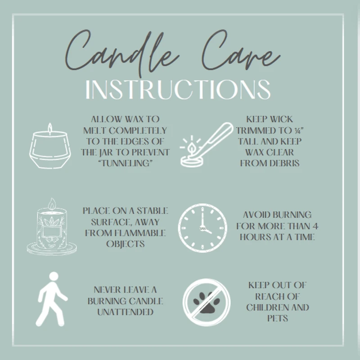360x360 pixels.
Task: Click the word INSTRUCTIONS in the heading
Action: (178, 90)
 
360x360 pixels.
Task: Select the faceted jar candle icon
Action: (50, 146)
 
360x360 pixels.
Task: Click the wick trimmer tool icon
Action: (206, 144)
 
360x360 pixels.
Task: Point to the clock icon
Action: (202, 228)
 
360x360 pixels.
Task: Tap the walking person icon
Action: (52, 299)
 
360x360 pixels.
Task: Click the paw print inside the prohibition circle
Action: (207, 302)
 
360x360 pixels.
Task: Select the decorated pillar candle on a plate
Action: (52, 226)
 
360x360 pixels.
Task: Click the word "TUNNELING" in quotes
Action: (126, 163)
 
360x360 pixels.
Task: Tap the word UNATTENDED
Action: (126, 312)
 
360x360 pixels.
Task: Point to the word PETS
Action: (278, 319)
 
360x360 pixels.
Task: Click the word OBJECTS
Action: (126, 244)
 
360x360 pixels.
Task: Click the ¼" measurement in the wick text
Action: (299, 130)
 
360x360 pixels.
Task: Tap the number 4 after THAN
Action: (315, 226)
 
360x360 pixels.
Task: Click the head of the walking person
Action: (54, 276)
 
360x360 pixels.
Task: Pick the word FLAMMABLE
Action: (140, 233)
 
